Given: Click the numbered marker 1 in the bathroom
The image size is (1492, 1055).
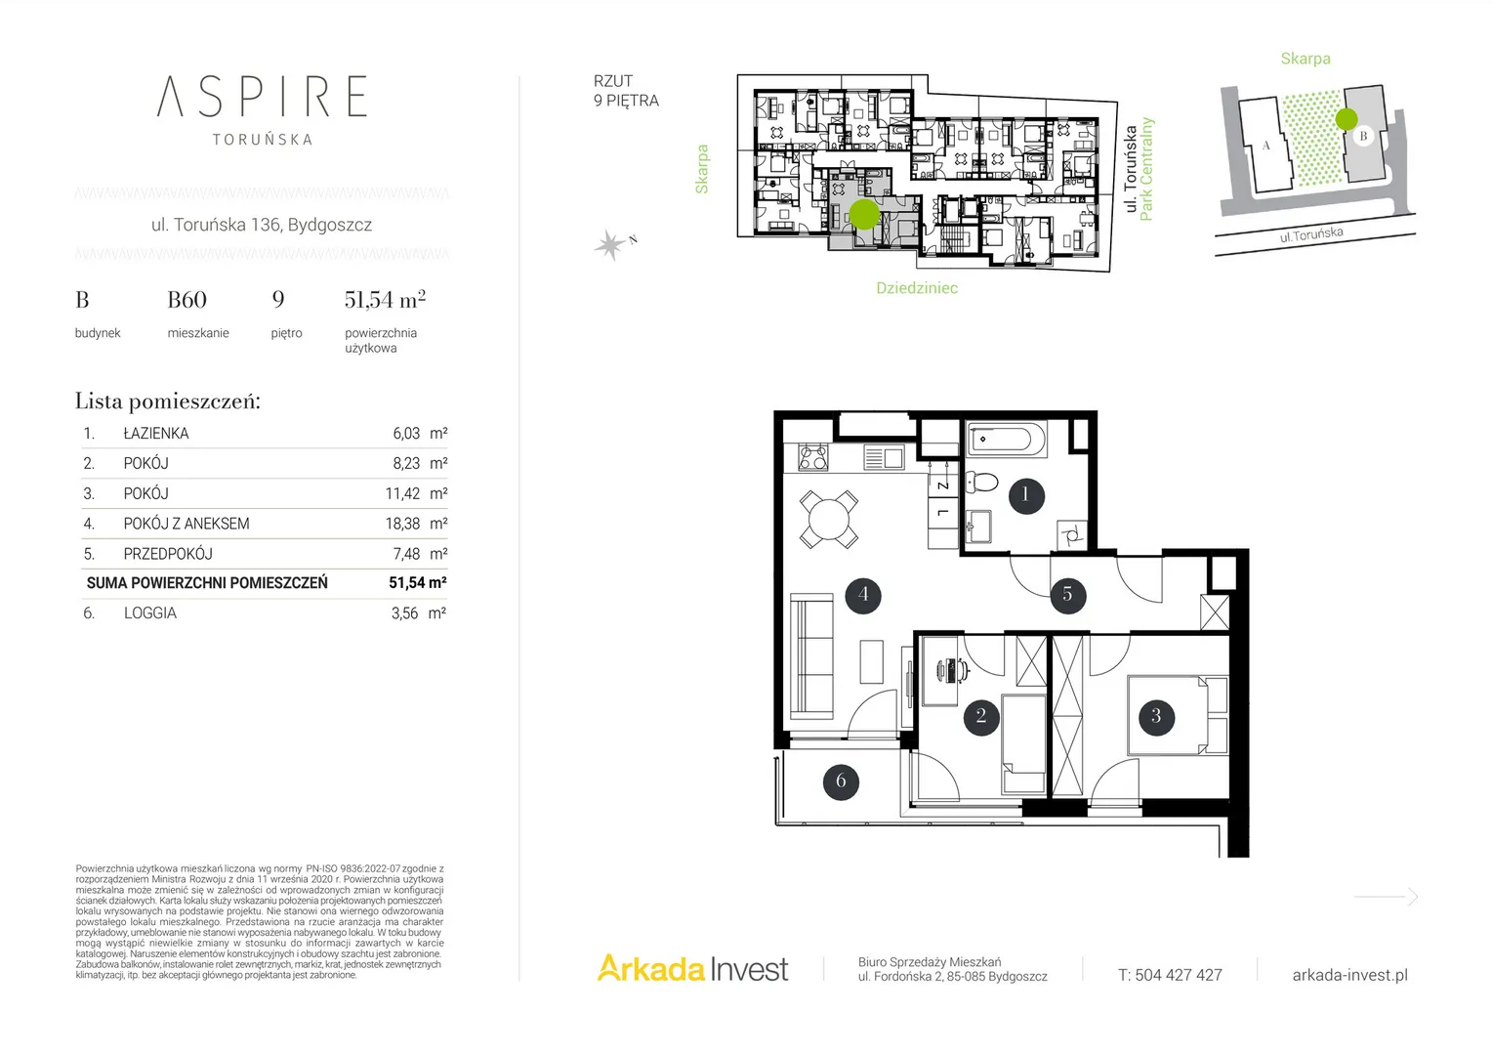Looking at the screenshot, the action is (x=1025, y=495).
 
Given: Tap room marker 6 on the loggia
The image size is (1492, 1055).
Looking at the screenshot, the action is (x=841, y=781).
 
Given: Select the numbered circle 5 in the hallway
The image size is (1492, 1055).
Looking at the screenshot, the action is (x=1067, y=595).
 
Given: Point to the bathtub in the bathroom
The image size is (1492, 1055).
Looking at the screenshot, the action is (x=1004, y=440).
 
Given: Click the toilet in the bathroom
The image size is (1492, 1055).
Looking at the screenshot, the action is (x=981, y=482).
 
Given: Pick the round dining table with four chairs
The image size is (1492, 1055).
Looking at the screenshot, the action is (x=828, y=519).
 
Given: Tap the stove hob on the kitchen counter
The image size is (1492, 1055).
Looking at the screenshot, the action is (x=813, y=457).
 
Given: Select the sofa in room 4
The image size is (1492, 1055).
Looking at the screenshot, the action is (x=811, y=655).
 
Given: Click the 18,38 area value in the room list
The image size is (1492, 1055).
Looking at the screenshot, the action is (x=402, y=524).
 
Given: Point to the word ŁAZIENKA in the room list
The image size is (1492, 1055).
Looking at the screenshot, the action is (x=156, y=433).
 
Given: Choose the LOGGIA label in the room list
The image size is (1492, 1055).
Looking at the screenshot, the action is (x=149, y=613).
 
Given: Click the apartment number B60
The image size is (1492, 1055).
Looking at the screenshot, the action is (x=187, y=300).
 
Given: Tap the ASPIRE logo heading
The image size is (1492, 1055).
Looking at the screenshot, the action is (x=262, y=97).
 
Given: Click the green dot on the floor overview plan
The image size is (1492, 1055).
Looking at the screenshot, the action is (x=864, y=215).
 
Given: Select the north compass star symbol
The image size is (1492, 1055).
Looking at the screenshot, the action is (x=610, y=244).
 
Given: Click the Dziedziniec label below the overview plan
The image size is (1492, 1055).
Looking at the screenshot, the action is (x=917, y=288).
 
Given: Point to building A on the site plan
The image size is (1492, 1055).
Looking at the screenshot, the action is (x=1265, y=145).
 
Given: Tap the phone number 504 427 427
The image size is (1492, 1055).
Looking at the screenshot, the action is (x=1179, y=975).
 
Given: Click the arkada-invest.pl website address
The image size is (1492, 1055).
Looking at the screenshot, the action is (x=1350, y=975).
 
